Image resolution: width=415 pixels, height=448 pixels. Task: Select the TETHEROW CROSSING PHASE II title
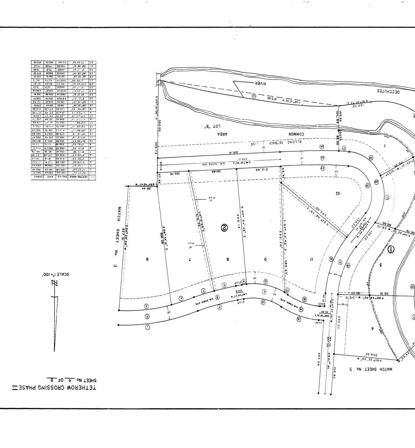(54, 387)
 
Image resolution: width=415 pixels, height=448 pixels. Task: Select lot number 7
(190, 259)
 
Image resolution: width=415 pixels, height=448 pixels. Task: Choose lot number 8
(228, 259)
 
